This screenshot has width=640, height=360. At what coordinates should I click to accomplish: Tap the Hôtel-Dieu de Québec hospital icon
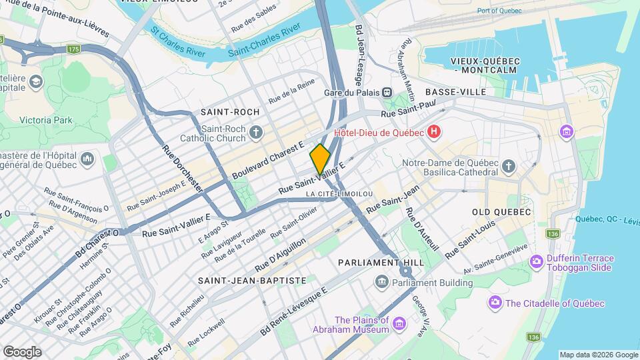[x=434, y=132]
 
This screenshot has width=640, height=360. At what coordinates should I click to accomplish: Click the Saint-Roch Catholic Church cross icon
[x=255, y=131]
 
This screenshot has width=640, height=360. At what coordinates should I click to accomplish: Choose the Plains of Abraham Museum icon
[x=399, y=324]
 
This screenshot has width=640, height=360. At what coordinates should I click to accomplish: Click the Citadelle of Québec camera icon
[x=494, y=303]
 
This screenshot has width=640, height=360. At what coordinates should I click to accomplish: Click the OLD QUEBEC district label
[x=501, y=212]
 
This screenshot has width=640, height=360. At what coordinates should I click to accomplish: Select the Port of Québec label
[x=499, y=11]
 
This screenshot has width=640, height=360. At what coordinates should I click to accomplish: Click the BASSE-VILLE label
[x=455, y=91]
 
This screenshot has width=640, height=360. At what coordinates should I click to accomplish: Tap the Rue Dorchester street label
[x=182, y=167]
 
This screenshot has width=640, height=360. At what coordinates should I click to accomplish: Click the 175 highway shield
[x=73, y=49]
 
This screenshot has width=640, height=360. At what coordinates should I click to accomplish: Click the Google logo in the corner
[x=21, y=351]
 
